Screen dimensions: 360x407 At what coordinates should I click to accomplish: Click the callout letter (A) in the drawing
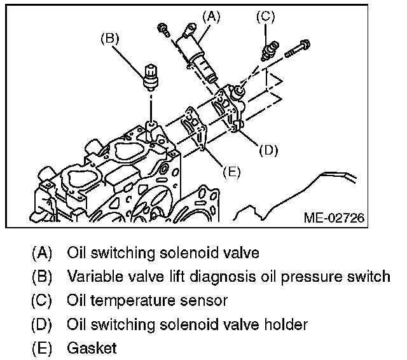pyautogui.click(x=210, y=17)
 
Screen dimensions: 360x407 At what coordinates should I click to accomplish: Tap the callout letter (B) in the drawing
pyautogui.click(x=111, y=38)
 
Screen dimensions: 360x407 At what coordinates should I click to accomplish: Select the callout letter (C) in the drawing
pyautogui.click(x=265, y=17)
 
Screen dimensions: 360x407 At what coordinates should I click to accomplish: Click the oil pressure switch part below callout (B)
pyautogui.click(x=151, y=76)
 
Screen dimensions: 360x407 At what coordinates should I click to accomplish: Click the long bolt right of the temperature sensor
pyautogui.click(x=297, y=48)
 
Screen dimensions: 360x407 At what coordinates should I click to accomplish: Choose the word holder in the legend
pyautogui.click(x=286, y=324)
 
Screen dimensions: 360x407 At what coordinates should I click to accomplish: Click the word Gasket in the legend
pyautogui.click(x=92, y=349)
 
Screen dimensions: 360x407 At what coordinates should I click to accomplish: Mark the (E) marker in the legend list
pyautogui.click(x=42, y=349)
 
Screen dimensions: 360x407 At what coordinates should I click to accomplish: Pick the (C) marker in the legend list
pyautogui.click(x=42, y=301)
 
